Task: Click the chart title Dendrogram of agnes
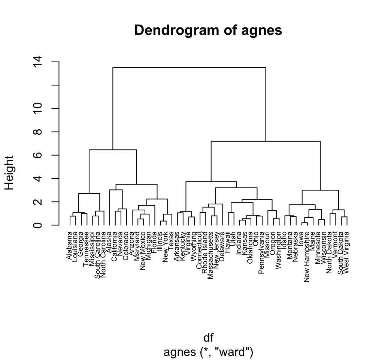(x=208, y=30)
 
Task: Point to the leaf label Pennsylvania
(x=261, y=253)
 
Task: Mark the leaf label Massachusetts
(x=210, y=255)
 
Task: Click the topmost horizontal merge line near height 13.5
(x=189, y=67)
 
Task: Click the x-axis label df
(x=208, y=338)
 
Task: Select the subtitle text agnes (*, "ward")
(x=208, y=352)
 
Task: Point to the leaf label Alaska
(x=108, y=242)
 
